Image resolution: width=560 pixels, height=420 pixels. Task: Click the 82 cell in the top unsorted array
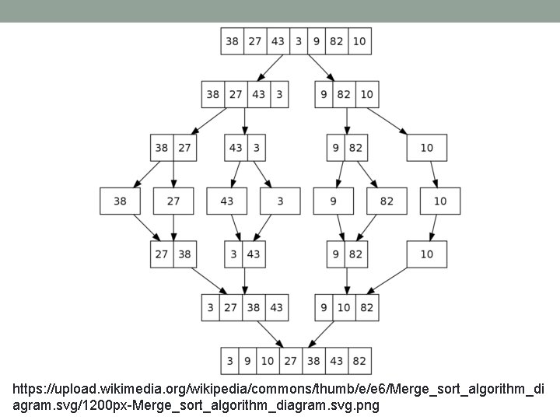[x=336, y=41]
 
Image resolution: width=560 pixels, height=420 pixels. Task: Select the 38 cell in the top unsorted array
[x=232, y=41]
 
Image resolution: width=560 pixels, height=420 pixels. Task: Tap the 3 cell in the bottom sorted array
[x=229, y=361]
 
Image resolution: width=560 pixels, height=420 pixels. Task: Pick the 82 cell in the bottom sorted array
[x=359, y=361]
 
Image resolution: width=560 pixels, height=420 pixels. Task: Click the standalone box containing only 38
[x=120, y=201]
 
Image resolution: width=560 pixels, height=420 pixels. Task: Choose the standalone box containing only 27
[x=173, y=201]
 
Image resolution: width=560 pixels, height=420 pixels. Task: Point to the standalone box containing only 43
[x=226, y=201]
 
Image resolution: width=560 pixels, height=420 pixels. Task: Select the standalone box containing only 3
[x=280, y=201]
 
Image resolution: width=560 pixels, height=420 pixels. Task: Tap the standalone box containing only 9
[x=333, y=201]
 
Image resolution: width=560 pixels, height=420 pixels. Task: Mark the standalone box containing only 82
[x=387, y=201]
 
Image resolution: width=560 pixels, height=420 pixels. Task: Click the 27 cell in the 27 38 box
[x=162, y=254]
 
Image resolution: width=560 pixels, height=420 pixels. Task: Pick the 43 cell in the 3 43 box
[x=254, y=254]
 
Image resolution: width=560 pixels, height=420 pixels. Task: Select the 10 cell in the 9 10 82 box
[x=345, y=308]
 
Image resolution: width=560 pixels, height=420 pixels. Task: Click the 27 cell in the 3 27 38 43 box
[x=232, y=308]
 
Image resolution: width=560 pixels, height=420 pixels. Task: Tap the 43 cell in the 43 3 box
[x=236, y=148]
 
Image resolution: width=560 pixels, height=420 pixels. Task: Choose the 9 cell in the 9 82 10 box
[x=323, y=95]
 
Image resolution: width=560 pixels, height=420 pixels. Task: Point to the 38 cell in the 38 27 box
[x=162, y=148]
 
